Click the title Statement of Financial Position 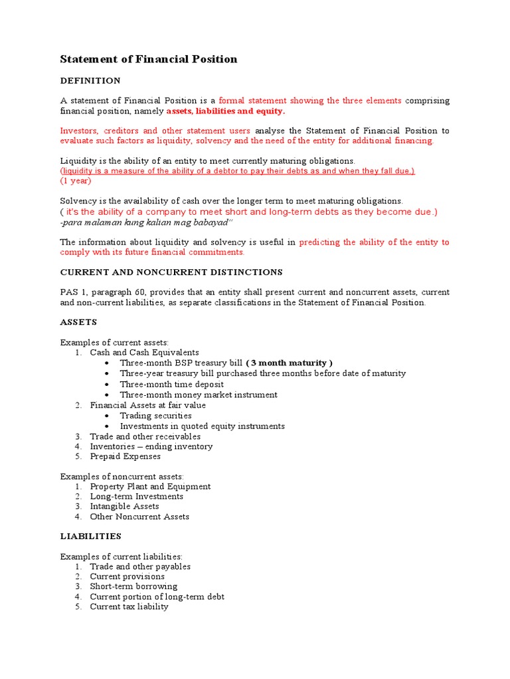149,59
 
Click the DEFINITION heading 90,80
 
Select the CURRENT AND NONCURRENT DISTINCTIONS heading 171,272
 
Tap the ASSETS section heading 78,322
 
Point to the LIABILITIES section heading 91,535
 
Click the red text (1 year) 76,180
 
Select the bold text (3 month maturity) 289,363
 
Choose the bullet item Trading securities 155,416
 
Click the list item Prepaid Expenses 125,456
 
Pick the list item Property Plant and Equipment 150,486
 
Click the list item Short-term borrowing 133,586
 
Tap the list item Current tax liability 129,606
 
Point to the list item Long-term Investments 136,496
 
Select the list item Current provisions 127,576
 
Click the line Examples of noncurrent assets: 122,476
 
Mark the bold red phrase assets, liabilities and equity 225,111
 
